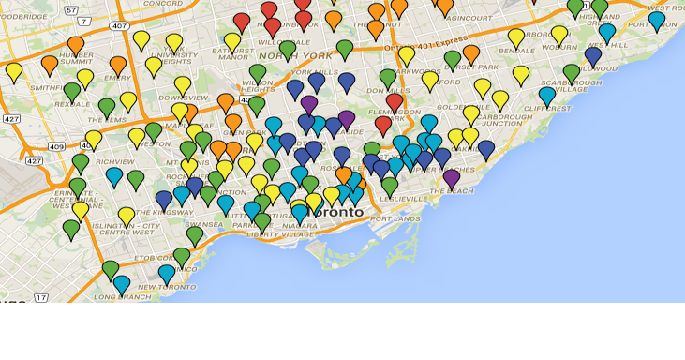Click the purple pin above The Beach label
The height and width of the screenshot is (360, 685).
pyautogui.click(x=452, y=177)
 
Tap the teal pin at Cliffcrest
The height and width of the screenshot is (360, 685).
pyautogui.click(x=547, y=95)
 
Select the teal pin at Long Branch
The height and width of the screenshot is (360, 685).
pyautogui.click(x=121, y=283)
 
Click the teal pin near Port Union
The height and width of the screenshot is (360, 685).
pyautogui.click(x=656, y=20)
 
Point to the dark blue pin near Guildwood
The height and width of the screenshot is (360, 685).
pyautogui.click(x=592, y=55)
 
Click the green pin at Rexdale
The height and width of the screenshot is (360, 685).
pyautogui.click(x=72, y=91)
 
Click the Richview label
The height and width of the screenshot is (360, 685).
pyautogui.click(x=113, y=161)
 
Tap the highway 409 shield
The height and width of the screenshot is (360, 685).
pyautogui.click(x=56, y=146)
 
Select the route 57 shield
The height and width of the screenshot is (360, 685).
pyautogui.click(x=71, y=9)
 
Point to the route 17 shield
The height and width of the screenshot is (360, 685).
pyautogui.click(x=40, y=298)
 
